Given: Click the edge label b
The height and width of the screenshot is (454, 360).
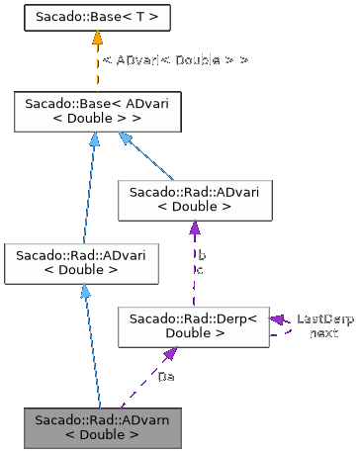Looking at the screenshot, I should [202, 255].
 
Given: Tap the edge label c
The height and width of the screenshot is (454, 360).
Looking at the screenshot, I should [202, 269].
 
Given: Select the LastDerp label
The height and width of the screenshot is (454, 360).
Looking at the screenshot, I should [325, 319].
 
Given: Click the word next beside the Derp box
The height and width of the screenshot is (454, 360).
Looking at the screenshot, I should [322, 333].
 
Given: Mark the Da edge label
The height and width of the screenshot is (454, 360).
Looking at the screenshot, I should [166, 377].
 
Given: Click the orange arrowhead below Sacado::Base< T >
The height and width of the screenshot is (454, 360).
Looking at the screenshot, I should [97, 40].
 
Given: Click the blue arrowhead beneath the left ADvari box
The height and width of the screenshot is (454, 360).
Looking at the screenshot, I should [85, 292].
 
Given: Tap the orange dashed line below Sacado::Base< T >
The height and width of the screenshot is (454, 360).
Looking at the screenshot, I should [97, 69].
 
